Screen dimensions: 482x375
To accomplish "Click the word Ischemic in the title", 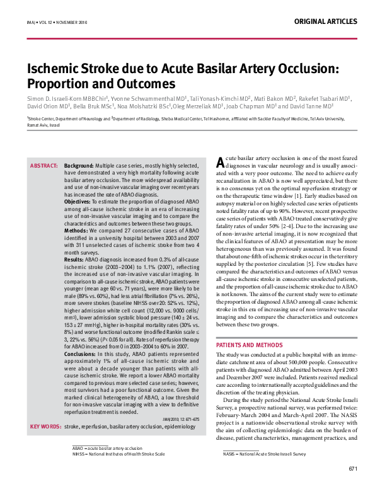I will point(57,69).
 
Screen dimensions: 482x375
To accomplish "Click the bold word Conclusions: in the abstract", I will point(81,354).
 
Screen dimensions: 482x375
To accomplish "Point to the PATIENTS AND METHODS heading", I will point(250,345).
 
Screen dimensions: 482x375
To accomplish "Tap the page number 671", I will point(353,469).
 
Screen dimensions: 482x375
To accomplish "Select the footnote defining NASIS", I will point(255,453).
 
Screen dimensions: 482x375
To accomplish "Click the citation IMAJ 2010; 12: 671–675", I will point(180,419).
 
